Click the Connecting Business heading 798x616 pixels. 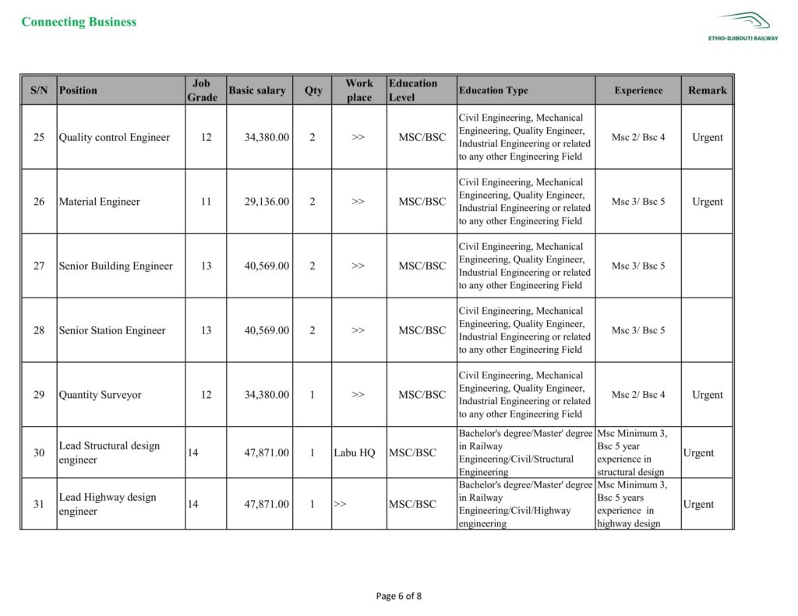point(79,22)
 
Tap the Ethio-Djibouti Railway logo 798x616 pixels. point(743,26)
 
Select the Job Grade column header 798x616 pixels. point(202,90)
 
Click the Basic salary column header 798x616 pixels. point(257,90)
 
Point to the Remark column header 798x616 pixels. point(707,90)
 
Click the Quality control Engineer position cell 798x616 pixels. point(115,138)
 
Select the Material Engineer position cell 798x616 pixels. point(100,202)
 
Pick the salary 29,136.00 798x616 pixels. point(267,202)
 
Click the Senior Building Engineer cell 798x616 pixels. point(116,266)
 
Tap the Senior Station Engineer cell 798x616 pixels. point(112,330)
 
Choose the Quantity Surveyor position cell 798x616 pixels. point(101,395)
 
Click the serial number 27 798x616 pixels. point(39,266)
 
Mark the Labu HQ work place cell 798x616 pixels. point(355,453)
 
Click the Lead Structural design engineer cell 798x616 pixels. point(109,452)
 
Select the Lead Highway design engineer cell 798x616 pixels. point(108,504)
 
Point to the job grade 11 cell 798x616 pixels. point(206,202)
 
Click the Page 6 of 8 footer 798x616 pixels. point(398,597)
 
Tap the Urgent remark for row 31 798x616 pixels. point(698,505)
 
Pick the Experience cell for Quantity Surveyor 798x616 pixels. point(638,395)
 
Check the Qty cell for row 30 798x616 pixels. point(312,453)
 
